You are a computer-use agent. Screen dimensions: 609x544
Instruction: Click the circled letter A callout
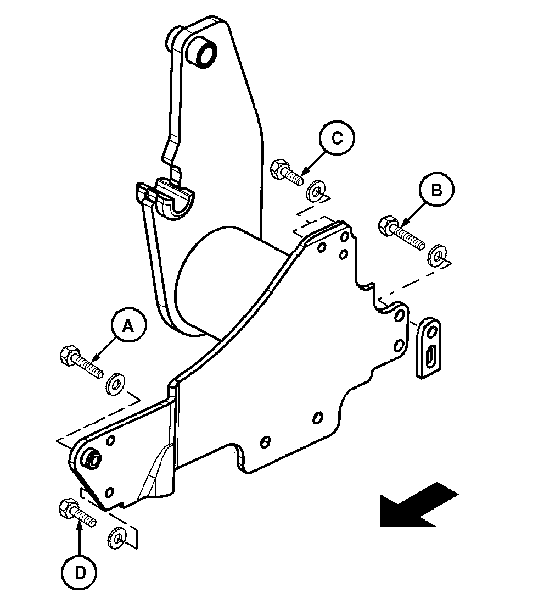[x=127, y=326]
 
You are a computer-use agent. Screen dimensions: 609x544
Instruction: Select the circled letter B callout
[x=436, y=190]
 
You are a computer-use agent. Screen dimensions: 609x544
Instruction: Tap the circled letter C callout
[x=337, y=138]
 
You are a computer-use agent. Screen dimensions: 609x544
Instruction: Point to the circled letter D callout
[x=80, y=573]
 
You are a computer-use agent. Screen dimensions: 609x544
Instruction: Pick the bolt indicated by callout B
[x=401, y=232]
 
